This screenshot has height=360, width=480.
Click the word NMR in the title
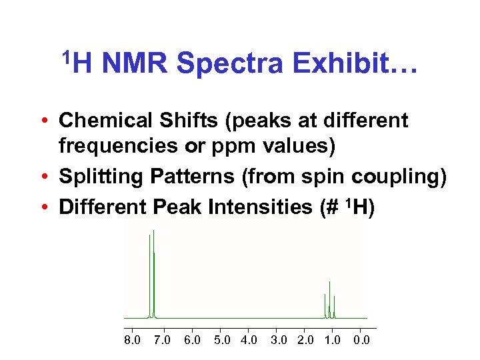(137, 64)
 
